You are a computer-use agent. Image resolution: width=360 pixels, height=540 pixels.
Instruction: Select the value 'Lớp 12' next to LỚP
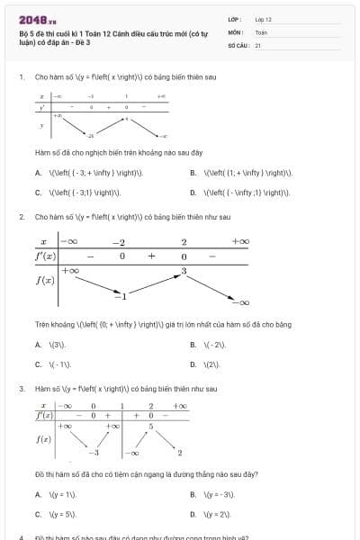coord(263,19)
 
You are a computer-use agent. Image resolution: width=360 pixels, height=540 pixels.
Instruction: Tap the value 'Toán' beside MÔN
coord(261,31)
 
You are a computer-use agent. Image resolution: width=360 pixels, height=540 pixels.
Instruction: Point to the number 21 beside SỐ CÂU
coord(258,44)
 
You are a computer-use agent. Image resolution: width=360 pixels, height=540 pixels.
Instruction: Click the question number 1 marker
coord(21,77)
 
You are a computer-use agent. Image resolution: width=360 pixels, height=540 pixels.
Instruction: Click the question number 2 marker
coord(21,217)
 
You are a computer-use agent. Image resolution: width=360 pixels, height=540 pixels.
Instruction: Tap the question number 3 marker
coord(21,389)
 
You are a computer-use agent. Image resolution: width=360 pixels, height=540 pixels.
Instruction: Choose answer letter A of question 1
coord(38,173)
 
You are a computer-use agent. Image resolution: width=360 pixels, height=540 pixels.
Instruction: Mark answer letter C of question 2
coord(38,364)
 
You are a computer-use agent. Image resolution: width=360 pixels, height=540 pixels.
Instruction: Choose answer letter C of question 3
coord(38,514)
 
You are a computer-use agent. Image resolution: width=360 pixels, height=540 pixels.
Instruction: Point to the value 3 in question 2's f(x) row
coord(184,271)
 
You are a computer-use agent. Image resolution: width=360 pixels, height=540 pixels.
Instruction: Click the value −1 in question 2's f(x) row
coord(122,295)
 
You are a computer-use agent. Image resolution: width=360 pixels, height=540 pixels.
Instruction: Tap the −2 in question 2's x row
coord(118,242)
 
